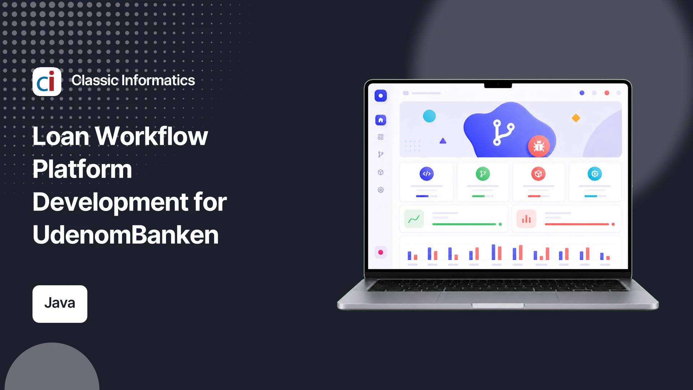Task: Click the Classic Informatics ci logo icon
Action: click(47, 82)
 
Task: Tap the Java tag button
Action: click(60, 304)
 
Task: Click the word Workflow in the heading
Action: click(151, 136)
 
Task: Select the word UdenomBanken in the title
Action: click(126, 235)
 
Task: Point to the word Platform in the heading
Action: click(82, 169)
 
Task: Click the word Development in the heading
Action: click(110, 202)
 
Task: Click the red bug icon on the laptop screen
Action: click(539, 146)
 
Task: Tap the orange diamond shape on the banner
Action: click(576, 118)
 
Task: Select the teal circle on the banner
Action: click(429, 116)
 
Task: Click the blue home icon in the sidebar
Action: click(380, 120)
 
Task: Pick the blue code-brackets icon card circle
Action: click(427, 174)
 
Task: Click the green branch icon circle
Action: click(483, 174)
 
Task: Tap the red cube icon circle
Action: click(539, 174)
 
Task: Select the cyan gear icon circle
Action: click(595, 174)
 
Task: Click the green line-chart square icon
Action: click(414, 219)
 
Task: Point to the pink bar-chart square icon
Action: click(526, 219)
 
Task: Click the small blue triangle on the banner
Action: click(443, 141)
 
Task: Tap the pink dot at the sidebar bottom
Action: click(380, 252)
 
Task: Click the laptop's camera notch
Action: click(498, 85)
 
